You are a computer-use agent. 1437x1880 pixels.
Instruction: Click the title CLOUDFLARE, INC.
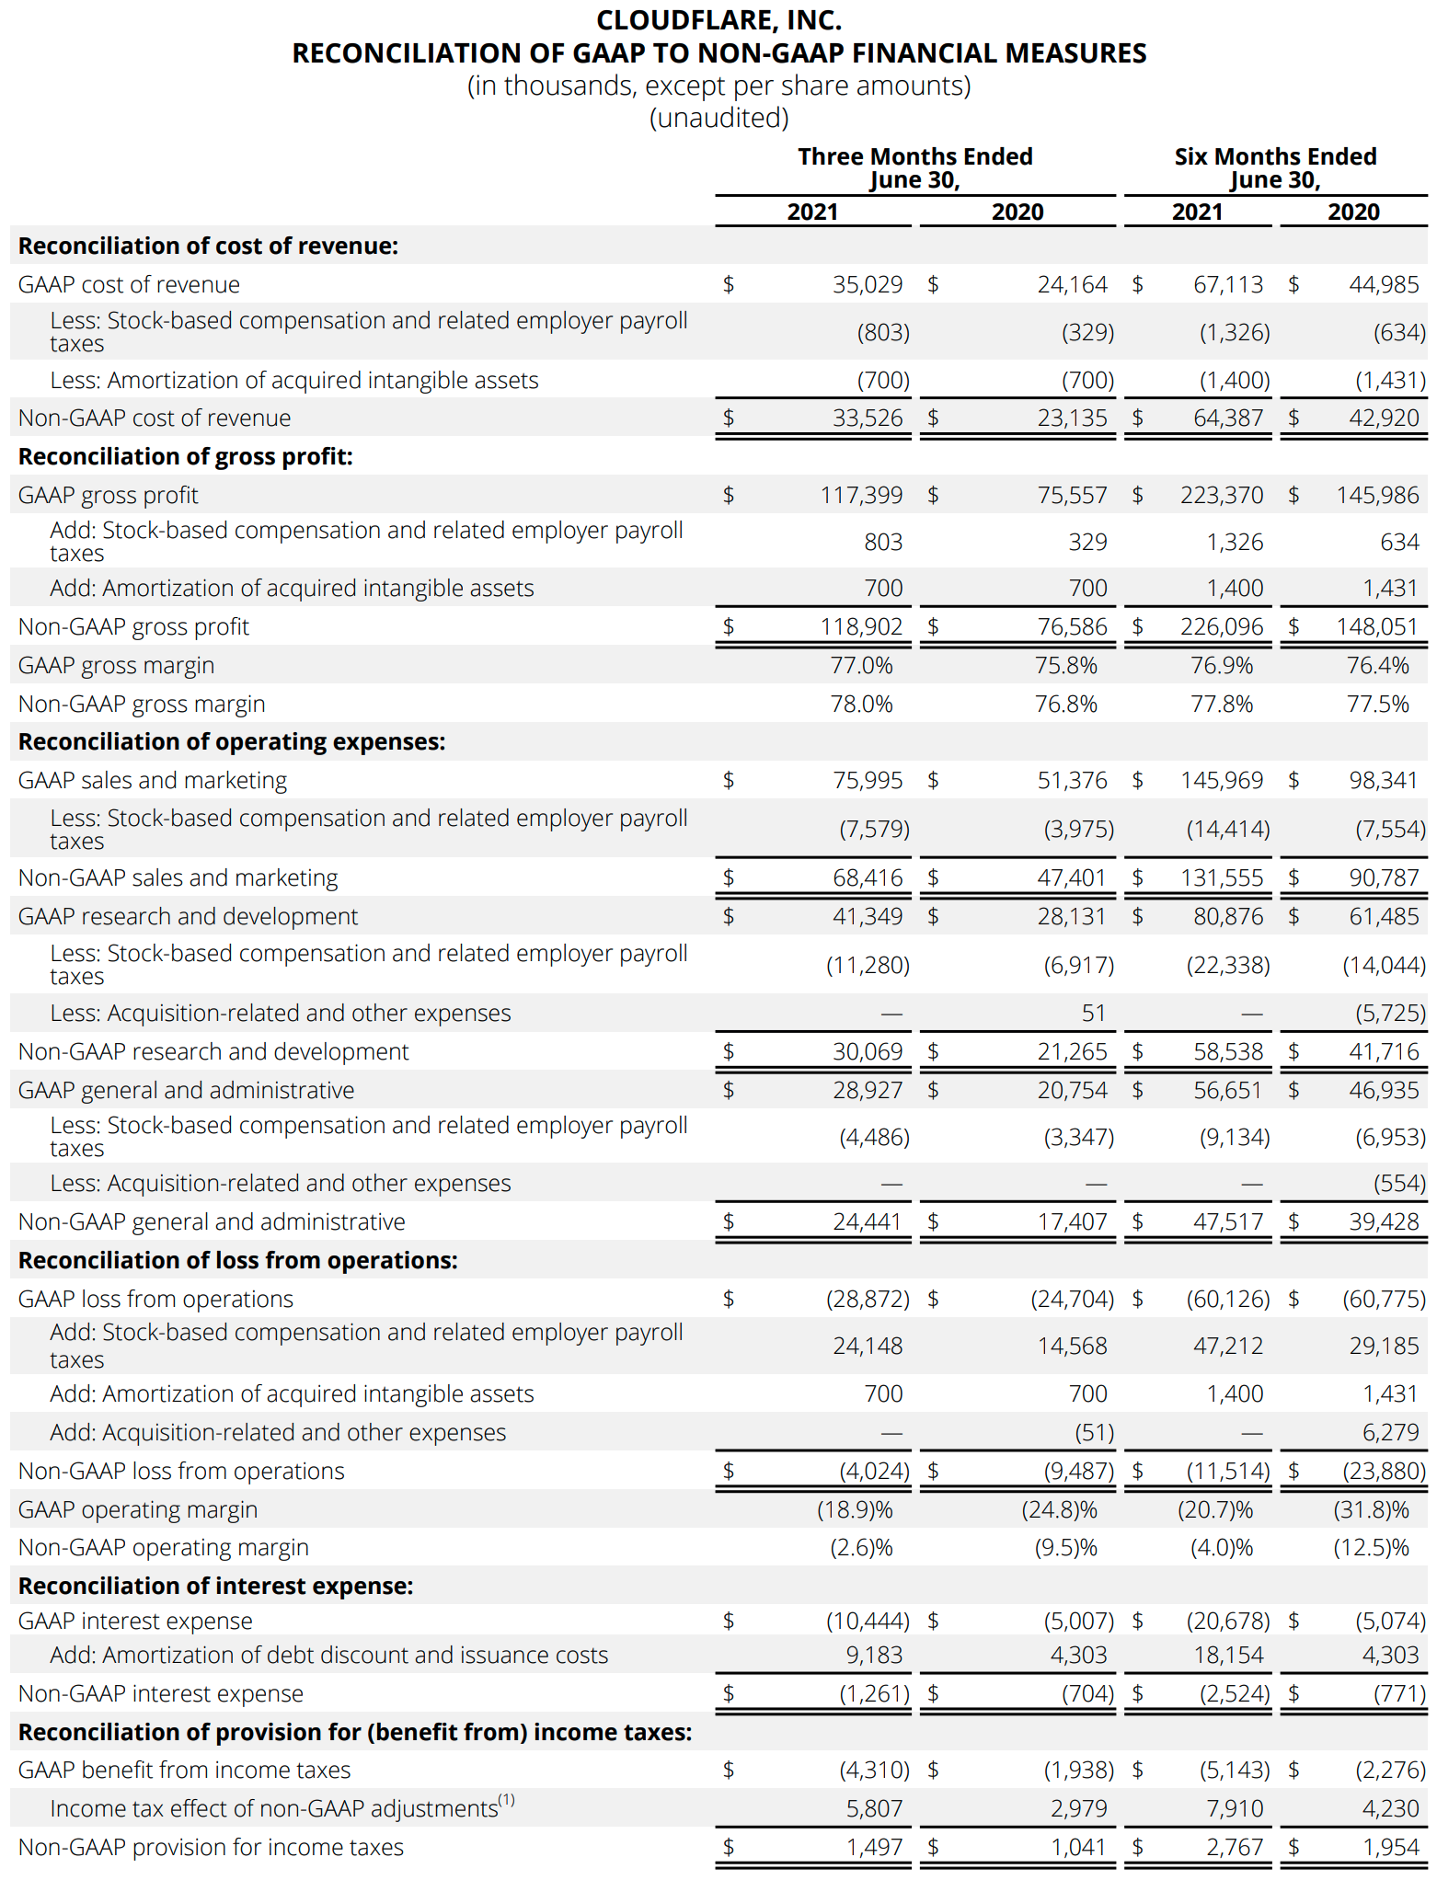point(718,20)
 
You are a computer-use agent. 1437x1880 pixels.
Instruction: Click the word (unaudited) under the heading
point(718,118)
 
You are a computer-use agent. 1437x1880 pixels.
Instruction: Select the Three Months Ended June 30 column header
point(914,167)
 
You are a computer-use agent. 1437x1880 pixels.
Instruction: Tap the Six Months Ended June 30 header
point(1275,167)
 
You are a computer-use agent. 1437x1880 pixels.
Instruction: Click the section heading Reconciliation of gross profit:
point(186,456)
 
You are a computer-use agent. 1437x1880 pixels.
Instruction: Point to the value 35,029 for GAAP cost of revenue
point(868,284)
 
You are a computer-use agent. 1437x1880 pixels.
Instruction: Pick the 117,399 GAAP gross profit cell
point(861,495)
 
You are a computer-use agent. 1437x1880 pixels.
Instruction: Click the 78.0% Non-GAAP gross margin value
point(861,704)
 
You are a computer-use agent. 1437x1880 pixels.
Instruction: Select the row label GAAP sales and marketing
point(153,780)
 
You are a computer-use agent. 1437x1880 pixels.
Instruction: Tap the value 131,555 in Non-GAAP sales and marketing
point(1222,877)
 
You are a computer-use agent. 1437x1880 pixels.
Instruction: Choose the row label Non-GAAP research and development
point(213,1051)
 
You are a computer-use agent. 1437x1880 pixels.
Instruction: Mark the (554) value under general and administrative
point(1399,1183)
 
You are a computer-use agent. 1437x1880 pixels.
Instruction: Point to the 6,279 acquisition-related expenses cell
point(1390,1432)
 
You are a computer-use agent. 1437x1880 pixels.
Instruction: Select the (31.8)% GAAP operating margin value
point(1371,1509)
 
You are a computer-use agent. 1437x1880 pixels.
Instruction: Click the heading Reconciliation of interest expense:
point(216,1586)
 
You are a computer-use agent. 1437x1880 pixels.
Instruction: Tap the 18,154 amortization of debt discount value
point(1228,1655)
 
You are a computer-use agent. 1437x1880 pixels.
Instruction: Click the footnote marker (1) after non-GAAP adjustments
point(506,1800)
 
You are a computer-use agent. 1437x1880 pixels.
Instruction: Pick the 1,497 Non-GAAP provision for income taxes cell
point(874,1847)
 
